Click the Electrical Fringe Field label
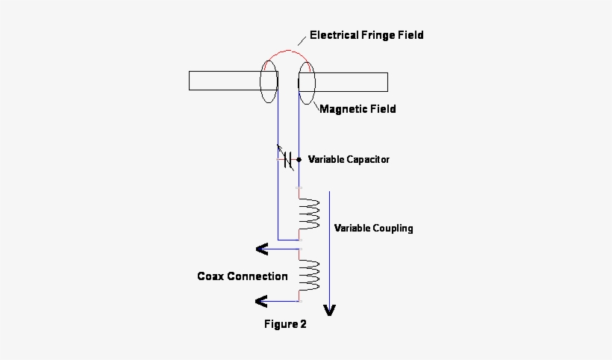click(x=366, y=35)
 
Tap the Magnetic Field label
click(x=357, y=109)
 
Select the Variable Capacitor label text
click(x=349, y=159)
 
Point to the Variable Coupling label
click(x=373, y=229)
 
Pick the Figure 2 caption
click(x=285, y=325)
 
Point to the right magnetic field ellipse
click(x=307, y=81)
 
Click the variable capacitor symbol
click(x=287, y=159)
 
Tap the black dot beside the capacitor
click(x=299, y=159)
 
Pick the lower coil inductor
click(x=308, y=276)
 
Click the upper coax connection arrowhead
click(x=262, y=249)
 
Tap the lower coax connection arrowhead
click(x=262, y=302)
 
